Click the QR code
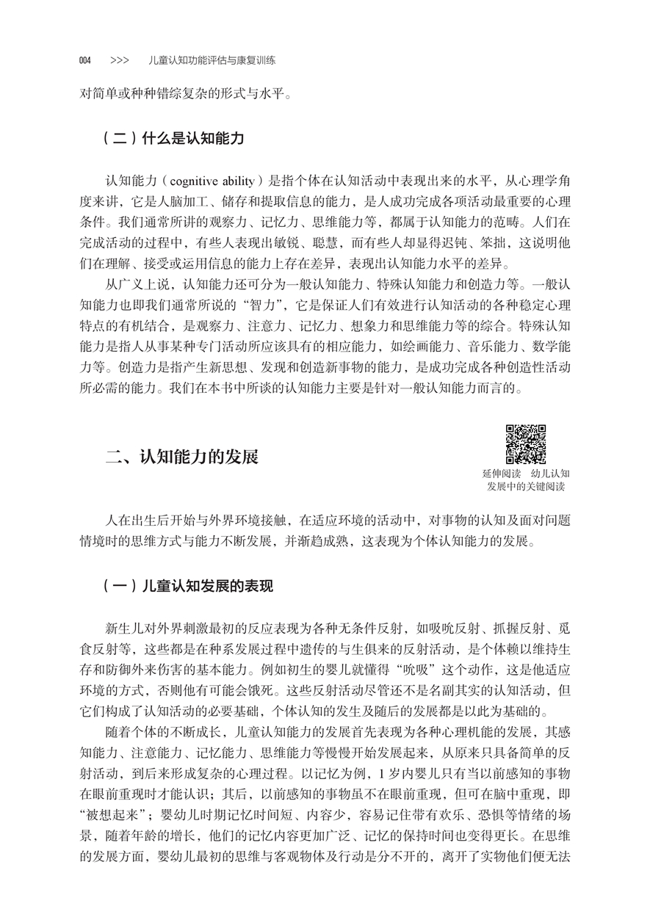pyautogui.click(x=526, y=444)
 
